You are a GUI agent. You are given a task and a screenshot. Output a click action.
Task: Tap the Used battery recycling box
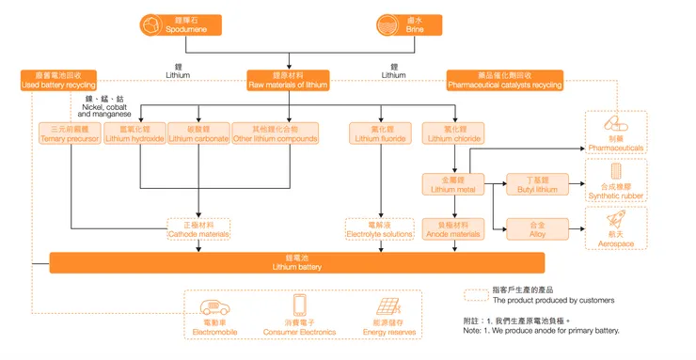click(57, 81)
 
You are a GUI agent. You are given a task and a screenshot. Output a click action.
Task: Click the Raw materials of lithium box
click(287, 81)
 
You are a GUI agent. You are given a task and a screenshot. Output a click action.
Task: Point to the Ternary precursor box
click(70, 134)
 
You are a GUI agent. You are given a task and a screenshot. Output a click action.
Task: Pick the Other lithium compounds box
click(262, 134)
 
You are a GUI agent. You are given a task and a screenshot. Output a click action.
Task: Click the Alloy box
click(538, 229)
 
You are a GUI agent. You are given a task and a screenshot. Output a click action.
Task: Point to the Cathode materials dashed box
click(198, 229)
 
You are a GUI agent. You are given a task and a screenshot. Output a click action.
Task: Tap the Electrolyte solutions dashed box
click(380, 229)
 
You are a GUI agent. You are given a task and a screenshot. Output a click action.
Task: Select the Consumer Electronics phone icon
click(300, 305)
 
